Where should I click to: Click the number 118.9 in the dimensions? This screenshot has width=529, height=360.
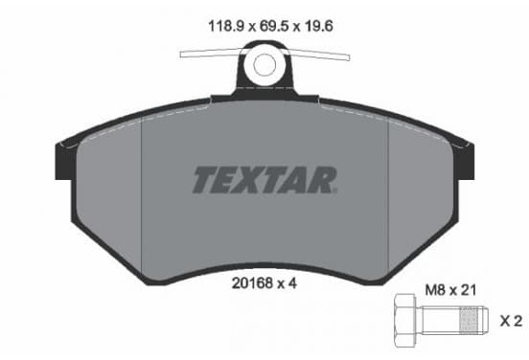coord(226,26)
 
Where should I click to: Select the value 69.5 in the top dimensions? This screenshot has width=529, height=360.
coord(274,26)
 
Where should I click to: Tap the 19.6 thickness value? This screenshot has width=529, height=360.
coord(319,26)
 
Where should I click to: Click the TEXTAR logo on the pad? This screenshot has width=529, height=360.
coord(264,180)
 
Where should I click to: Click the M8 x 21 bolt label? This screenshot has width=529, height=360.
coord(450,290)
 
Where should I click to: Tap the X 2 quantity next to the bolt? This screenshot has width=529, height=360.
coord(511,321)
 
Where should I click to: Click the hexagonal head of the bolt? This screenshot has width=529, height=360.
coord(404,321)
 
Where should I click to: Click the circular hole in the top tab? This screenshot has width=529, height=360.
coord(264,65)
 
